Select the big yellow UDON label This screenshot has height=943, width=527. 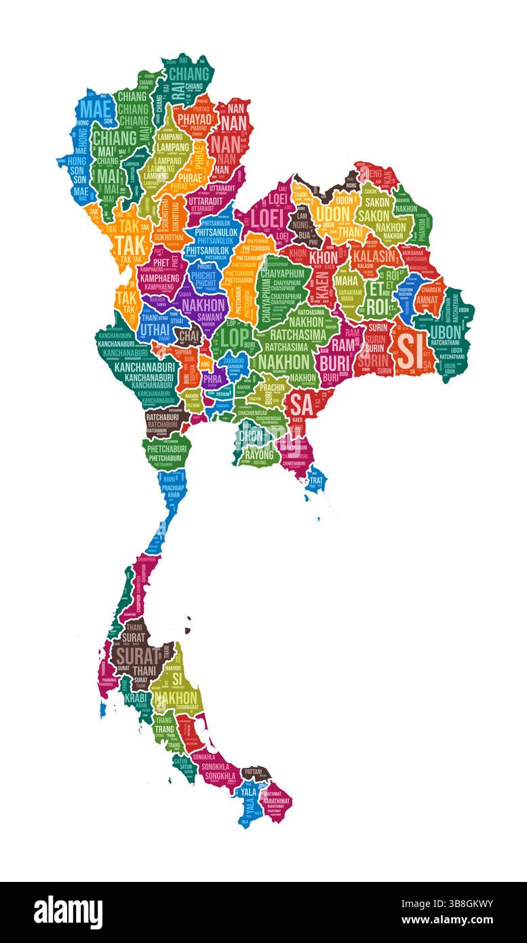point(332,214)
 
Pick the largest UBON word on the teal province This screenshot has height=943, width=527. point(446,332)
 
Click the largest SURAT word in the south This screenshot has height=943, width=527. point(136,656)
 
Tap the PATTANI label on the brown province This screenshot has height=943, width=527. point(255,771)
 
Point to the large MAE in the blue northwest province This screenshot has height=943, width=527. point(95,110)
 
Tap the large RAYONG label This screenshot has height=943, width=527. point(259,454)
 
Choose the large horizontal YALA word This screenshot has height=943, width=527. point(248,791)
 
